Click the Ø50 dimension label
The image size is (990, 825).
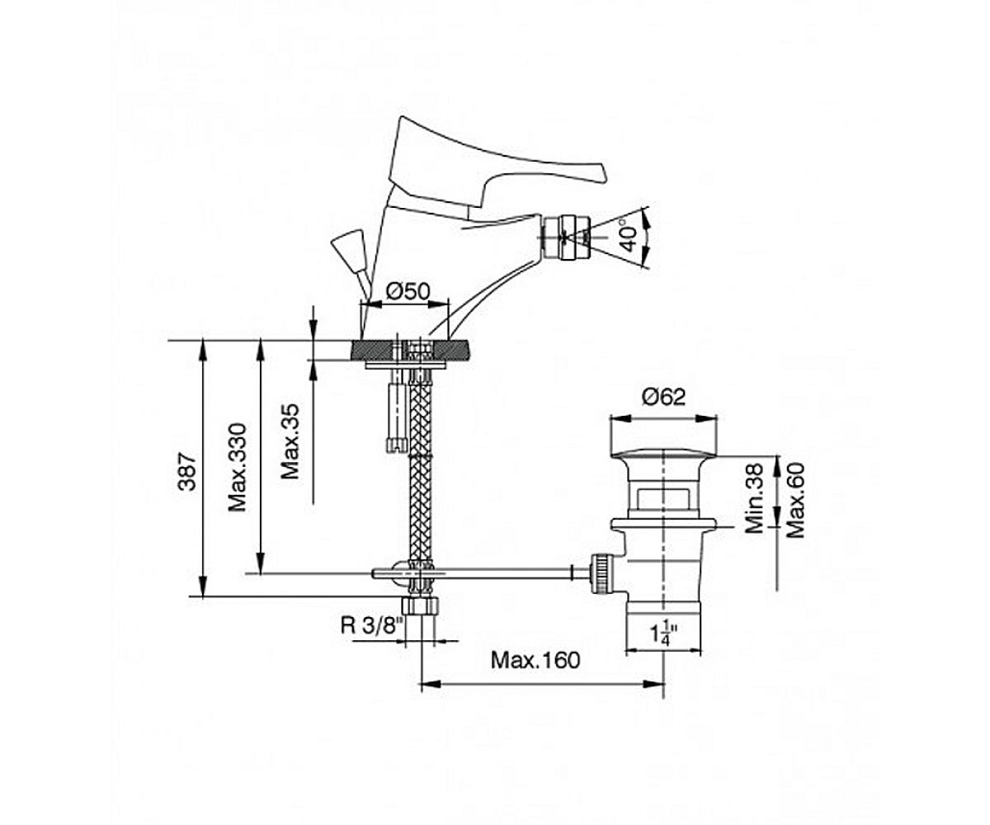pyautogui.click(x=408, y=291)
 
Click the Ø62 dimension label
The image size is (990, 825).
pyautogui.click(x=663, y=397)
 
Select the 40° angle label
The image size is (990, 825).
pyautogui.click(x=629, y=238)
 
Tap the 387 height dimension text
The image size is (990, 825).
pyautogui.click(x=187, y=471)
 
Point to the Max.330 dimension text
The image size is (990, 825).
pyautogui.click(x=237, y=468)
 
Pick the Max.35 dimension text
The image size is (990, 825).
pyautogui.click(x=290, y=441)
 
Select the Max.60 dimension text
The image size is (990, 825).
pyautogui.click(x=795, y=500)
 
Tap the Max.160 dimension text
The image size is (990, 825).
pyautogui.click(x=535, y=660)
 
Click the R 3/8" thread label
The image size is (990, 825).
pyautogui.click(x=371, y=626)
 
